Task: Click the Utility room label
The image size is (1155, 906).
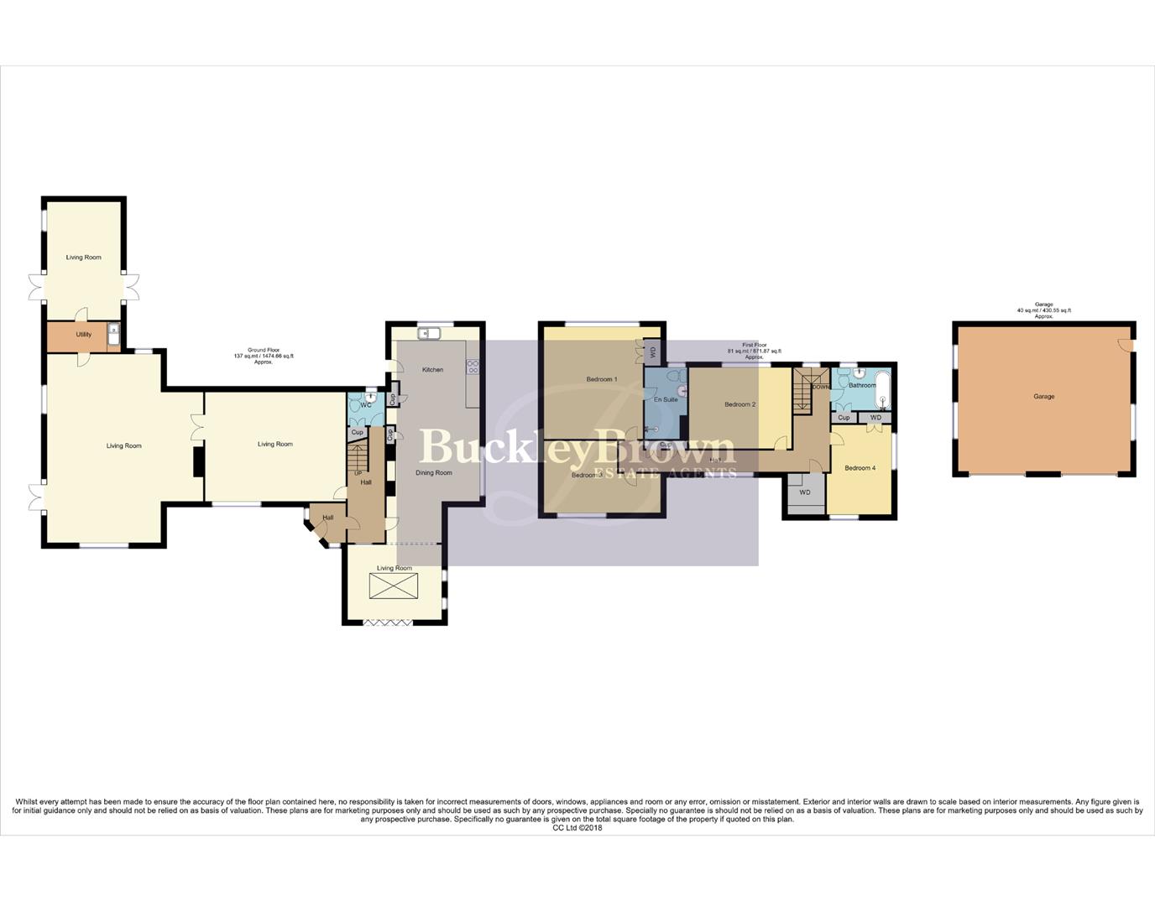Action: tap(84, 335)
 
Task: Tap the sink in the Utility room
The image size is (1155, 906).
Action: tap(113, 336)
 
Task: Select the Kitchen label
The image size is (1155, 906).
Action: tap(432, 370)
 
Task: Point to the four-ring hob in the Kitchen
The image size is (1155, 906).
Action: tap(472, 367)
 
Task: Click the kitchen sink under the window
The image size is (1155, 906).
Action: tap(429, 333)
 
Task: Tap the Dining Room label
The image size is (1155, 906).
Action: tap(433, 473)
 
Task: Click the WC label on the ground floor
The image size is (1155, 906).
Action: tap(365, 405)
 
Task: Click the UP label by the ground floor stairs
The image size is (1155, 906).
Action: tap(358, 473)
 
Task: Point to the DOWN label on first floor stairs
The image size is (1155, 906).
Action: tap(821, 387)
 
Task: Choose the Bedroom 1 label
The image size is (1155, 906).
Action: tap(601, 379)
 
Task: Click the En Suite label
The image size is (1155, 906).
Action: tap(665, 400)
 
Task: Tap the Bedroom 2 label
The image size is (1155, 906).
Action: tap(740, 404)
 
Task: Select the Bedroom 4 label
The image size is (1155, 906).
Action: tap(860, 468)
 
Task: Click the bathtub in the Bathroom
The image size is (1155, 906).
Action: tap(882, 389)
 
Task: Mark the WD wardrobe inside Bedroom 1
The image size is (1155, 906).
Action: tap(653, 352)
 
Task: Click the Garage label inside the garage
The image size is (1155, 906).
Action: tap(1043, 397)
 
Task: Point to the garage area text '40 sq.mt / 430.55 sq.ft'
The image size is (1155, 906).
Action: tap(1043, 310)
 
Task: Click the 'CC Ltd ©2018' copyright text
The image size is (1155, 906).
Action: tap(577, 828)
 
